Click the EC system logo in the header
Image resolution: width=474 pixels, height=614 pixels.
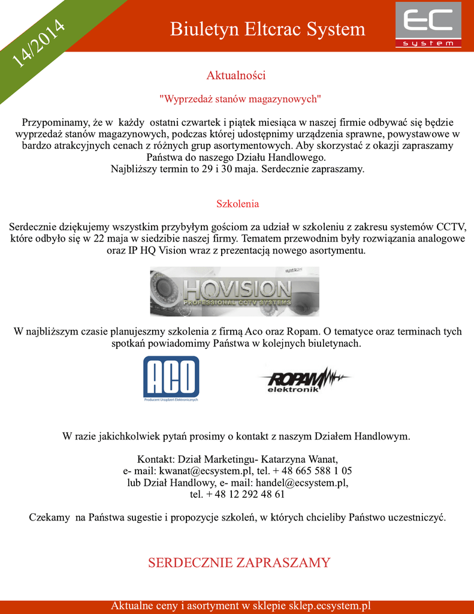coord(428,25)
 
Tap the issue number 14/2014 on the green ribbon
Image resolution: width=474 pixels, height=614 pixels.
coord(38,43)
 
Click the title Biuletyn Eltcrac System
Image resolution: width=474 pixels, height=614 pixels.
coord(267,29)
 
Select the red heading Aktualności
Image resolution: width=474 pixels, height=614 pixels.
coord(236,76)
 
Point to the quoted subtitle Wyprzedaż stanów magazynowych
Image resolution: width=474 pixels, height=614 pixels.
coord(240,98)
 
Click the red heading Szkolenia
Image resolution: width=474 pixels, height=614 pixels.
coord(237,204)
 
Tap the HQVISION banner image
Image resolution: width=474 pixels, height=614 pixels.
coord(234,291)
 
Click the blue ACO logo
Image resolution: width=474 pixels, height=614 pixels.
coord(171,378)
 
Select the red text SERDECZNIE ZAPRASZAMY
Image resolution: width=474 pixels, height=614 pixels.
coord(239,562)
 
